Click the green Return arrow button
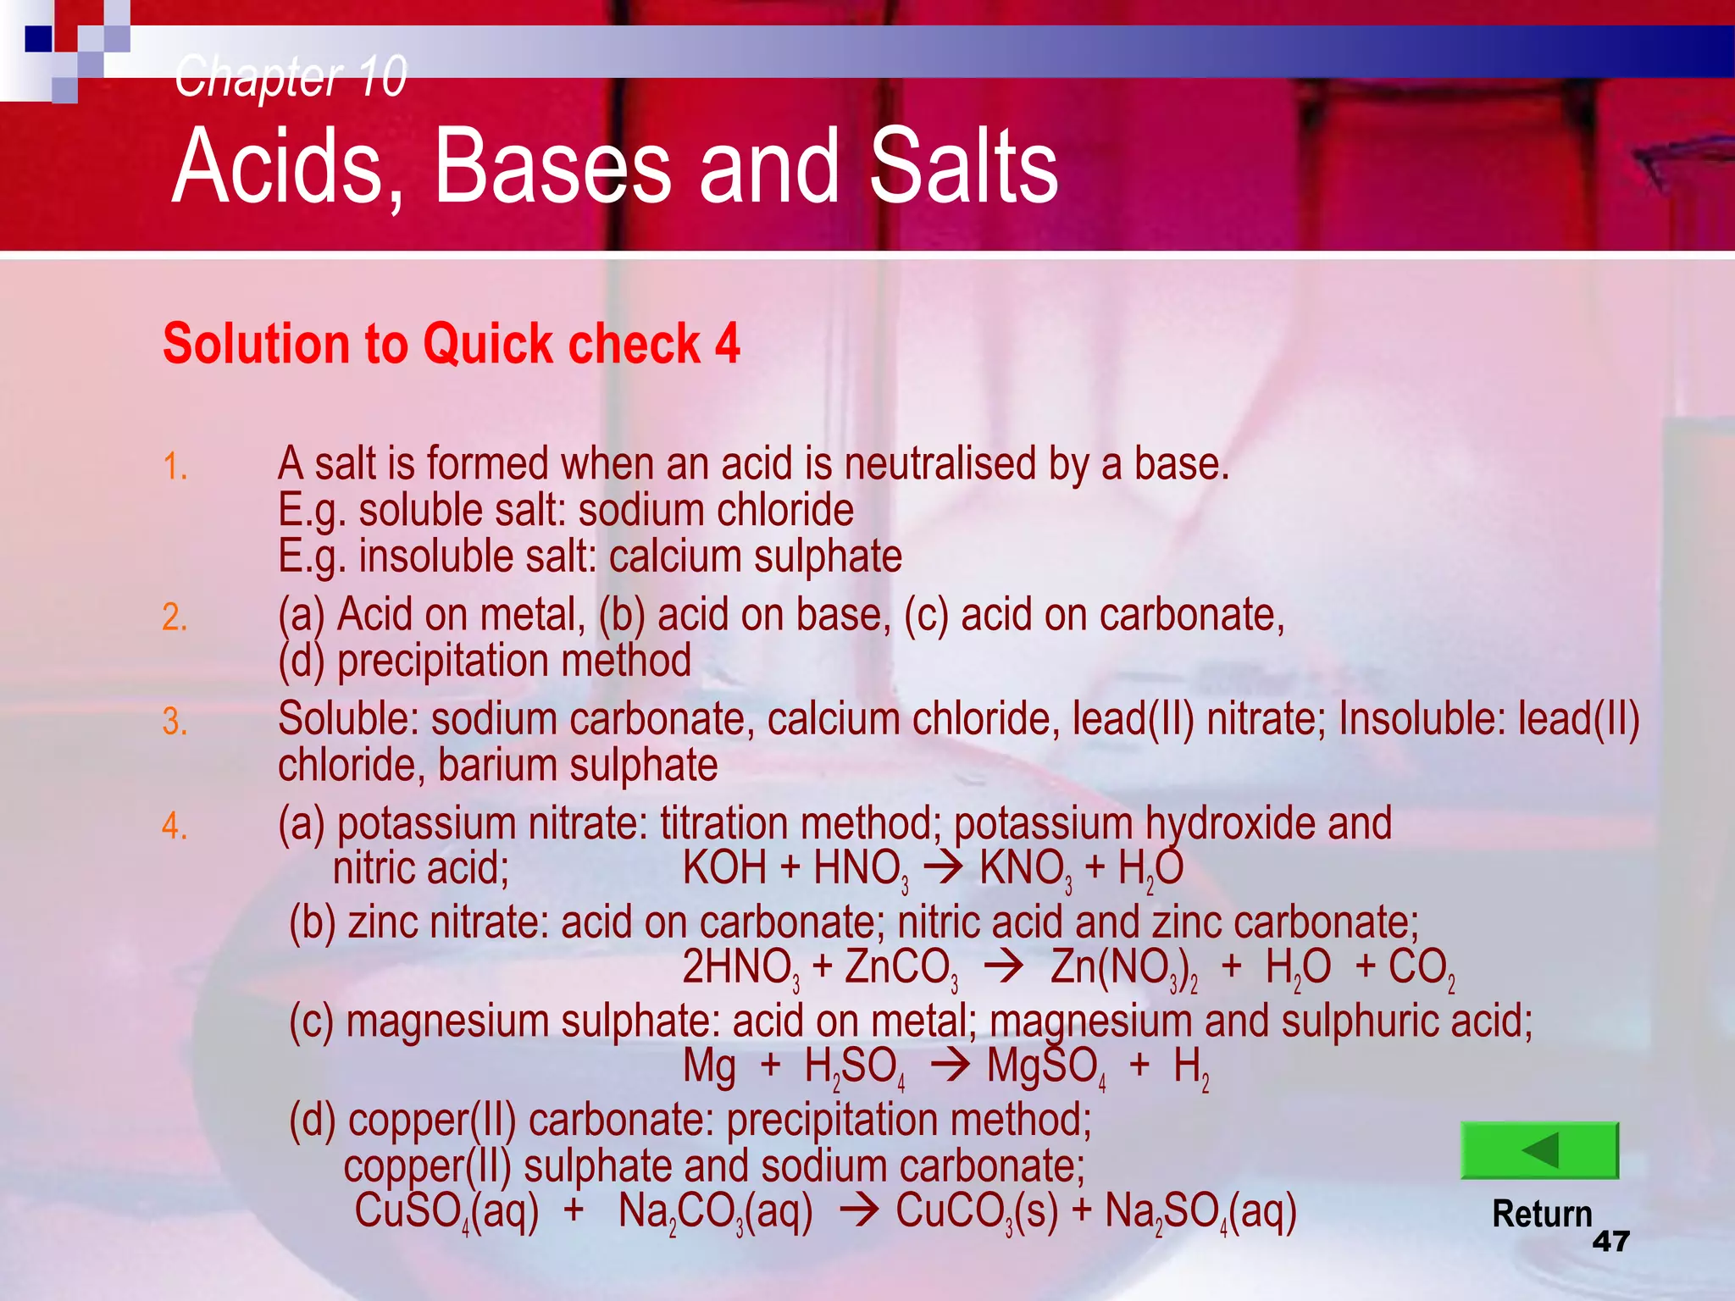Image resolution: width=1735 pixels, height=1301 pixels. [x=1539, y=1150]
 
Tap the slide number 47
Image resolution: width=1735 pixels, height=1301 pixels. [x=1610, y=1242]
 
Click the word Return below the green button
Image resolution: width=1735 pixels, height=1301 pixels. [x=1542, y=1214]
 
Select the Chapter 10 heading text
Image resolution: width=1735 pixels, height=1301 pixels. [x=291, y=76]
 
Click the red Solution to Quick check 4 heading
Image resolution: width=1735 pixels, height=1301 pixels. [x=452, y=344]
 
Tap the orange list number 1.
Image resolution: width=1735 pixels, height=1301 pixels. [x=175, y=467]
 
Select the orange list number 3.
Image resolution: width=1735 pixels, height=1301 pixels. [x=175, y=721]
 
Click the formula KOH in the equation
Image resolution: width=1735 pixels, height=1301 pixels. [x=724, y=868]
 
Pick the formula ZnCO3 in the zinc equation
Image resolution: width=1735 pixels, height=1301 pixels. [x=901, y=967]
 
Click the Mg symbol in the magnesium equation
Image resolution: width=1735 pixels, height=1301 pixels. [x=709, y=1066]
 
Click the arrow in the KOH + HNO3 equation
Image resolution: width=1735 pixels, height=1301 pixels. [x=942, y=868]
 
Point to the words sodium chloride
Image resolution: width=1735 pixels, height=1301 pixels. [x=716, y=510]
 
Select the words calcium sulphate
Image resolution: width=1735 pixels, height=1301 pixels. [x=755, y=556]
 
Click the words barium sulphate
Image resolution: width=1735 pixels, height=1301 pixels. [x=578, y=765]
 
